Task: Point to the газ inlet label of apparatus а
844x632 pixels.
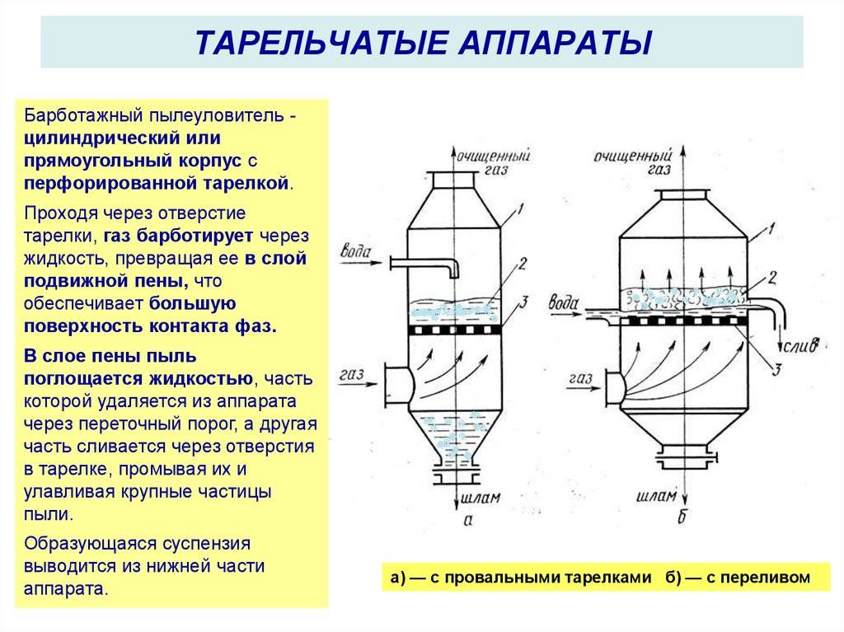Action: [353, 375]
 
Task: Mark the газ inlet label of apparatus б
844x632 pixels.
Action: [582, 380]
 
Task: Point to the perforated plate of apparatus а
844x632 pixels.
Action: [454, 329]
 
